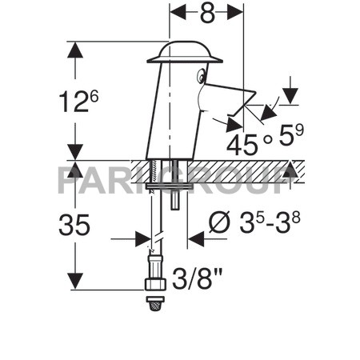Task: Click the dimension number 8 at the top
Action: (206, 14)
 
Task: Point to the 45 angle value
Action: (243, 145)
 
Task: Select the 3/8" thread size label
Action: (197, 282)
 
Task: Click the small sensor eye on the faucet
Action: (201, 76)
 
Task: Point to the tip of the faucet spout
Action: (254, 96)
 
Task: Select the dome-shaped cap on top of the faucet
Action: (184, 51)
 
